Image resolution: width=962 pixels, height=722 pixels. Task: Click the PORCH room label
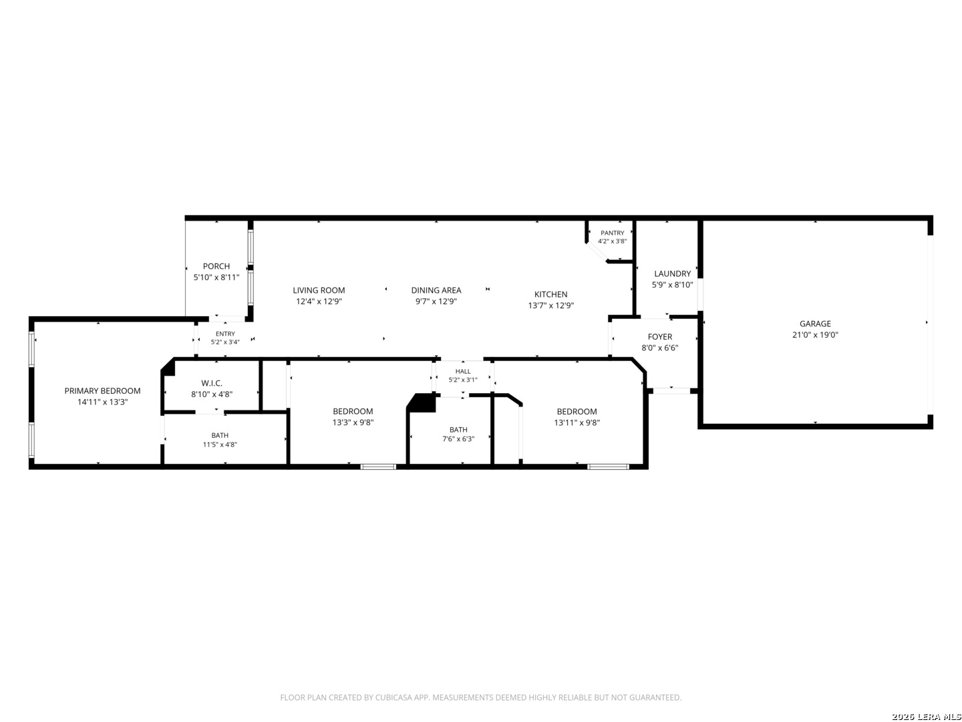pyautogui.click(x=216, y=266)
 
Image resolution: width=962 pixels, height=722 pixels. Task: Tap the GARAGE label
pyautogui.click(x=815, y=324)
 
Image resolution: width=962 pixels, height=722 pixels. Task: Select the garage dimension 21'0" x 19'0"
pyautogui.click(x=815, y=335)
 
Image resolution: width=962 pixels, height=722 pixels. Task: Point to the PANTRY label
pyautogui.click(x=612, y=233)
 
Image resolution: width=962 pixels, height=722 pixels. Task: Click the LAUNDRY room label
pyautogui.click(x=672, y=273)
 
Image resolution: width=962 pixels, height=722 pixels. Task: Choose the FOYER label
pyautogui.click(x=659, y=337)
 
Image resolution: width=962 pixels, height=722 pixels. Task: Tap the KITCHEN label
pyautogui.click(x=550, y=294)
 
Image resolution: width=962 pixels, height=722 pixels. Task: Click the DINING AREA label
pyautogui.click(x=436, y=290)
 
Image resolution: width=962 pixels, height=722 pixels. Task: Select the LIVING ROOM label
pyautogui.click(x=319, y=290)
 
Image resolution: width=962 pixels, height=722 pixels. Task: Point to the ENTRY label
pyautogui.click(x=225, y=334)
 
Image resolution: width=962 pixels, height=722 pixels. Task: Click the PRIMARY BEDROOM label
pyautogui.click(x=102, y=390)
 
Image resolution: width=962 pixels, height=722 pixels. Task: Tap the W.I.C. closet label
pyautogui.click(x=212, y=383)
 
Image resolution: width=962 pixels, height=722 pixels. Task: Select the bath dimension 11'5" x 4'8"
pyautogui.click(x=220, y=444)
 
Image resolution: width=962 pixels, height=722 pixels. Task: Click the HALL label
pyautogui.click(x=463, y=371)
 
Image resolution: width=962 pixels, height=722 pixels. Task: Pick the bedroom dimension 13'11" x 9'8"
pyautogui.click(x=577, y=423)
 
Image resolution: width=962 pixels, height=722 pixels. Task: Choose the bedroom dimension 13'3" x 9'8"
pyautogui.click(x=353, y=423)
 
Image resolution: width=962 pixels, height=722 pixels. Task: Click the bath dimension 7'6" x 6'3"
pyautogui.click(x=458, y=439)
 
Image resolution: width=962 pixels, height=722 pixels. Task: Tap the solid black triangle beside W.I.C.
pyautogui.click(x=169, y=368)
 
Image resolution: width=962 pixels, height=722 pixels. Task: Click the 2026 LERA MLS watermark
pyautogui.click(x=926, y=717)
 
